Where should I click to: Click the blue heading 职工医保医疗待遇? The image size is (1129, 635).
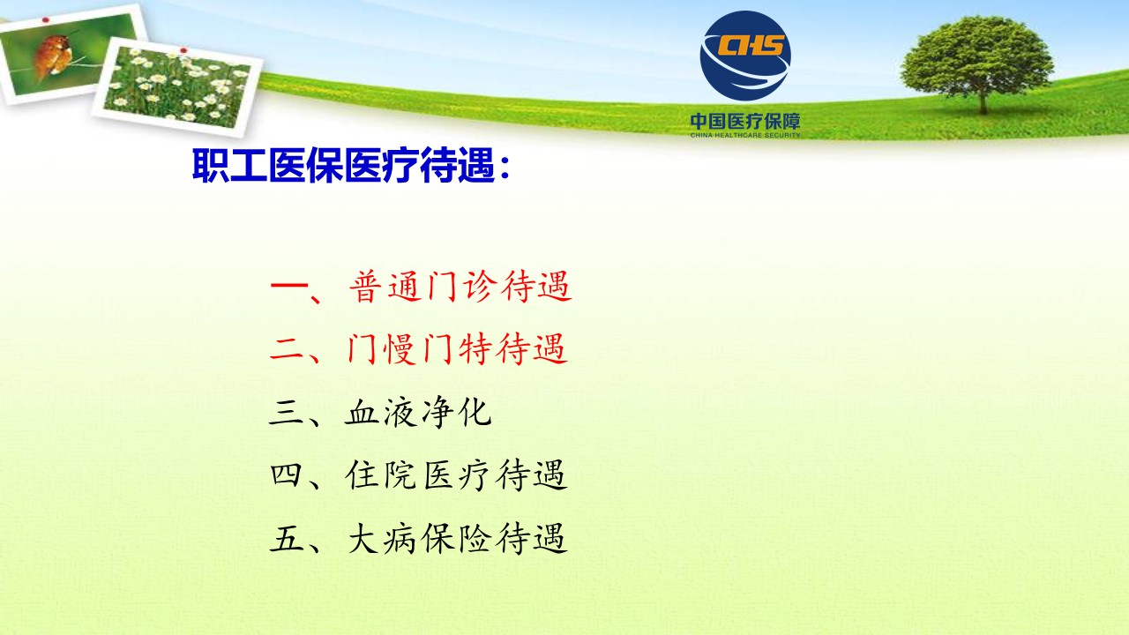(x=343, y=165)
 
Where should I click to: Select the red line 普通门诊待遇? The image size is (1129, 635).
(x=460, y=287)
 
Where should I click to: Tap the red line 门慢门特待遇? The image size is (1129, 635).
(x=458, y=348)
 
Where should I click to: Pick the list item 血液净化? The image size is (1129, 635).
(x=418, y=413)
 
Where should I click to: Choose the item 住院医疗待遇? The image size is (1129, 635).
(x=457, y=474)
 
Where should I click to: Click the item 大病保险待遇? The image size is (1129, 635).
(x=457, y=538)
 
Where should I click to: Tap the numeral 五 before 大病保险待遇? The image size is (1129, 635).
(x=287, y=539)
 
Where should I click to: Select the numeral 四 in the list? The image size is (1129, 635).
(x=287, y=475)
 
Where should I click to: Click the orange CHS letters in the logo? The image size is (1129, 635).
(x=751, y=45)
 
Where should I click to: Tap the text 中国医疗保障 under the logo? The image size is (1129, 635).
(x=745, y=121)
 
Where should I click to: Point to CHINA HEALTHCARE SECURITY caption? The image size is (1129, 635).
(x=745, y=135)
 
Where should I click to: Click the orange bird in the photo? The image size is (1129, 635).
(x=54, y=56)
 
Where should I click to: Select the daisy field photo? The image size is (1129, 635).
(x=177, y=86)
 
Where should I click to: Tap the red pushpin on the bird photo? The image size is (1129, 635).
(x=45, y=20)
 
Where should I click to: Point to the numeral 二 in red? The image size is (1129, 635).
(x=287, y=349)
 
